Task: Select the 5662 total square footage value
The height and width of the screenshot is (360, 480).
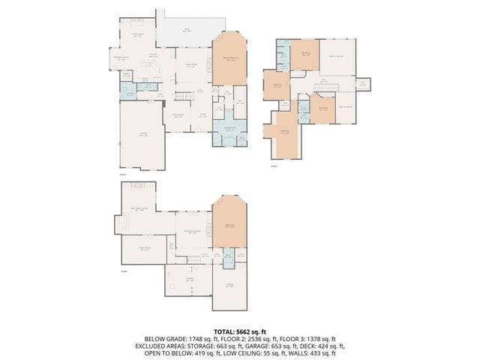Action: point(244,331)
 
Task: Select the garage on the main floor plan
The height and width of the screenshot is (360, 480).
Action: point(142,135)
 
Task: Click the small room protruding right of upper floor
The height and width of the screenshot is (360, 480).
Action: point(363,84)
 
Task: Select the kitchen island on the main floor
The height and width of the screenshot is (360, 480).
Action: point(156,69)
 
